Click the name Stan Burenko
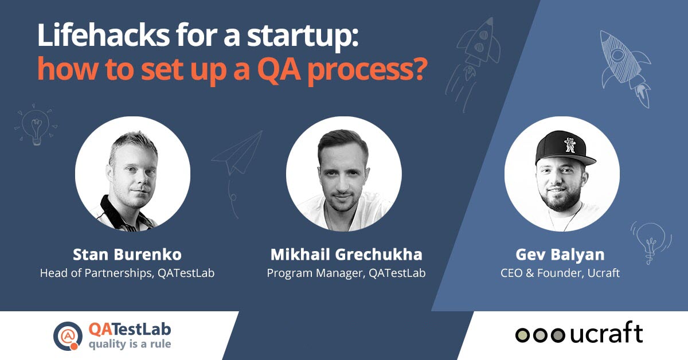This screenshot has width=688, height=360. coord(127,254)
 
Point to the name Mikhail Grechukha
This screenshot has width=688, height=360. coord(346,254)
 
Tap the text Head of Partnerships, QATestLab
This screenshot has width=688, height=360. coord(127,273)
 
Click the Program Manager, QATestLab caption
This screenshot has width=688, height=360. coord(346,273)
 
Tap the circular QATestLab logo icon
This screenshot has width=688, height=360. coord(68,336)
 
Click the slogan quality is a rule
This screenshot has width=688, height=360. coord(130,345)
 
